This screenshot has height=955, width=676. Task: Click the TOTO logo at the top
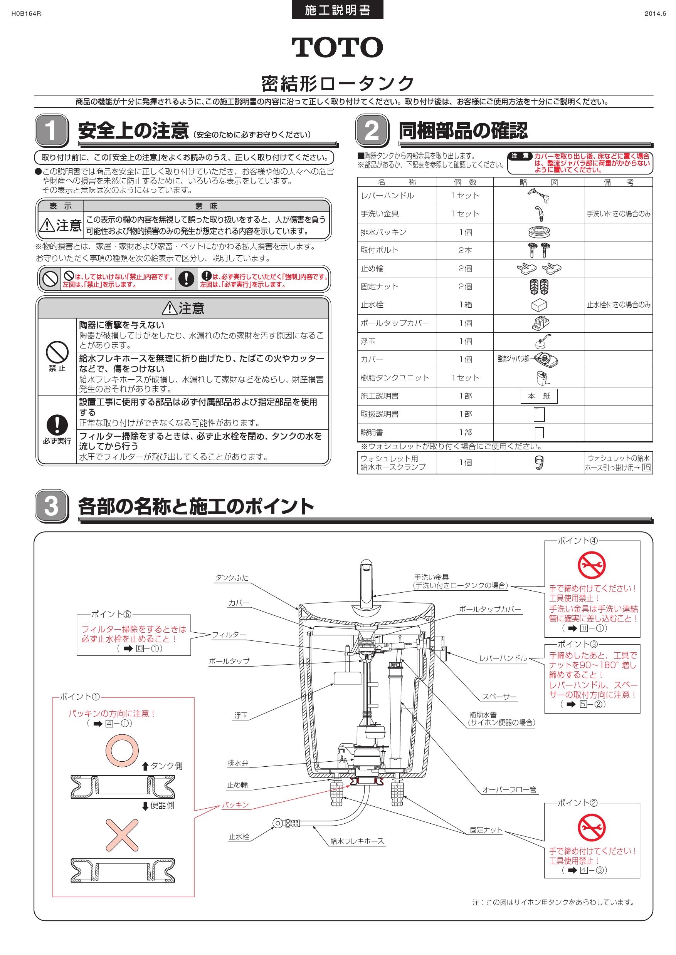[x=337, y=47]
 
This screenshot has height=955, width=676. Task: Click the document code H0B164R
[x=26, y=14]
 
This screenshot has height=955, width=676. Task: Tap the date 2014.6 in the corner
[x=655, y=14]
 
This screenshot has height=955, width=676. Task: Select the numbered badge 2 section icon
[x=372, y=130]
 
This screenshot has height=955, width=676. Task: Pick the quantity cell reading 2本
[x=465, y=250]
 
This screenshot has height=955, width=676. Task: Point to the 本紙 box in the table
[x=539, y=396]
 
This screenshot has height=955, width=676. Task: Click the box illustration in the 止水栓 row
[x=539, y=305]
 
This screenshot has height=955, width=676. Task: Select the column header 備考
[x=618, y=182]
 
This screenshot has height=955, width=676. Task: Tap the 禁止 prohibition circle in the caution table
[x=57, y=352]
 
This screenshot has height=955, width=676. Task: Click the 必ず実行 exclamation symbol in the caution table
[x=57, y=425]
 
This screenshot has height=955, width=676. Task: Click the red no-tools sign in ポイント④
[x=592, y=565]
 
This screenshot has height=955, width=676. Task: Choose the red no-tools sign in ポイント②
[x=592, y=827]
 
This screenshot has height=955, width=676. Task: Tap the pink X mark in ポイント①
[x=121, y=836]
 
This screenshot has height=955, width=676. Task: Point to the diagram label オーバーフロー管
[x=509, y=789]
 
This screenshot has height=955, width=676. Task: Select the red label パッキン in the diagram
[x=235, y=805]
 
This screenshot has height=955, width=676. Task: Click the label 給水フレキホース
[x=357, y=841]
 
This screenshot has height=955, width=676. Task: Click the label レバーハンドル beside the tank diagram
[x=503, y=658]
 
